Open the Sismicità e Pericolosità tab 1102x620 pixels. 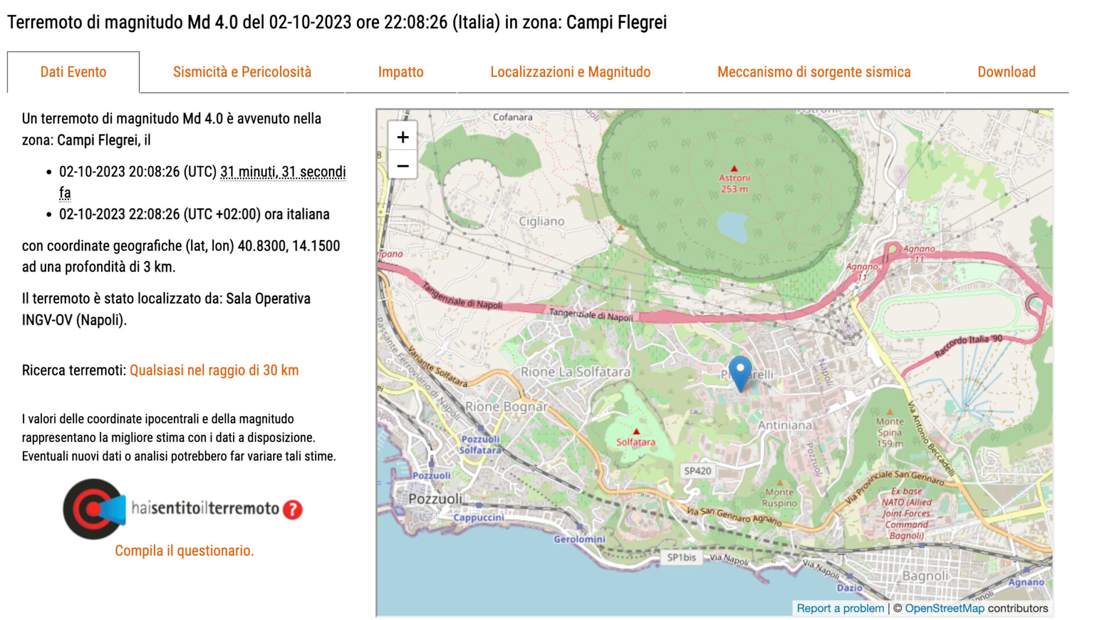(x=242, y=72)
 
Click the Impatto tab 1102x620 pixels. (x=401, y=72)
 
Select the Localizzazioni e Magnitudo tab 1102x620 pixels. (x=570, y=72)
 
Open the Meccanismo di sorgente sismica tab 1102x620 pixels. (x=814, y=72)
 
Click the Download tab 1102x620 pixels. (x=1006, y=72)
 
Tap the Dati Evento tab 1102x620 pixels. (x=73, y=72)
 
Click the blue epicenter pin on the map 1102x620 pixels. (x=740, y=371)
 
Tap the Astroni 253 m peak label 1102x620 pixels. (x=734, y=183)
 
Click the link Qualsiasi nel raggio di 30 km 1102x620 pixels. (x=214, y=370)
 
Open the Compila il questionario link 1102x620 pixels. (x=184, y=551)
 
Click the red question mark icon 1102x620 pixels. (x=293, y=509)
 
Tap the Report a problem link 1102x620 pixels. (x=840, y=608)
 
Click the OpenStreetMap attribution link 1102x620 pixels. (x=944, y=608)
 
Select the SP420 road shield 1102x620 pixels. (x=697, y=471)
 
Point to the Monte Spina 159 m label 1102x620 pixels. (x=890, y=432)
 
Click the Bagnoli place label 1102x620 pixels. (x=925, y=575)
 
